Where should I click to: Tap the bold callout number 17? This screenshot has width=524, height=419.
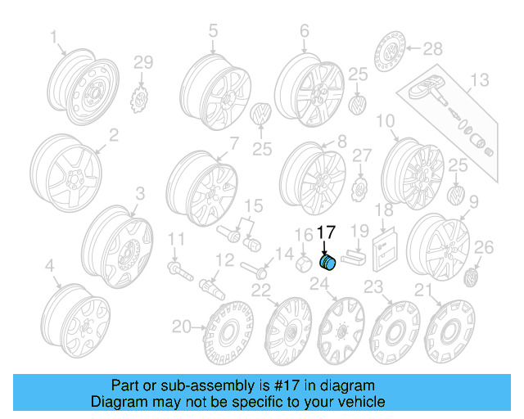click(x=326, y=232)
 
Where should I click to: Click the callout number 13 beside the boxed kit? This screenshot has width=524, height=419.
click(x=479, y=79)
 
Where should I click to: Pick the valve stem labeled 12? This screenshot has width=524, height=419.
click(x=212, y=287)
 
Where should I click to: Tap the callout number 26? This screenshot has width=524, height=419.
click(x=485, y=246)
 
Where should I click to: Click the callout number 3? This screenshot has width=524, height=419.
click(x=140, y=193)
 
